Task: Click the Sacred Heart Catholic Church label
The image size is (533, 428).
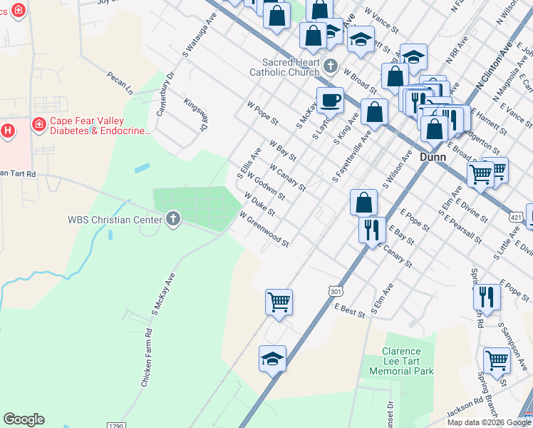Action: click(284, 66)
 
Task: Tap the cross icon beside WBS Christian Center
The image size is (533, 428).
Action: click(172, 219)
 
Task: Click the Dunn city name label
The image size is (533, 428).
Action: click(433, 156)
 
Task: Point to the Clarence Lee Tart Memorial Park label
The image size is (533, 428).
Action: click(408, 361)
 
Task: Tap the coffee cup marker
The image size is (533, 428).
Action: click(330, 101)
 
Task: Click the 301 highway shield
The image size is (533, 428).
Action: click(336, 290)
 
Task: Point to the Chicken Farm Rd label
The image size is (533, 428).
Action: click(147, 357)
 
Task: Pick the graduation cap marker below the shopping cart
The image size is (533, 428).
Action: click(272, 360)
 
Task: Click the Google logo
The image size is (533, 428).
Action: click(24, 419)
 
